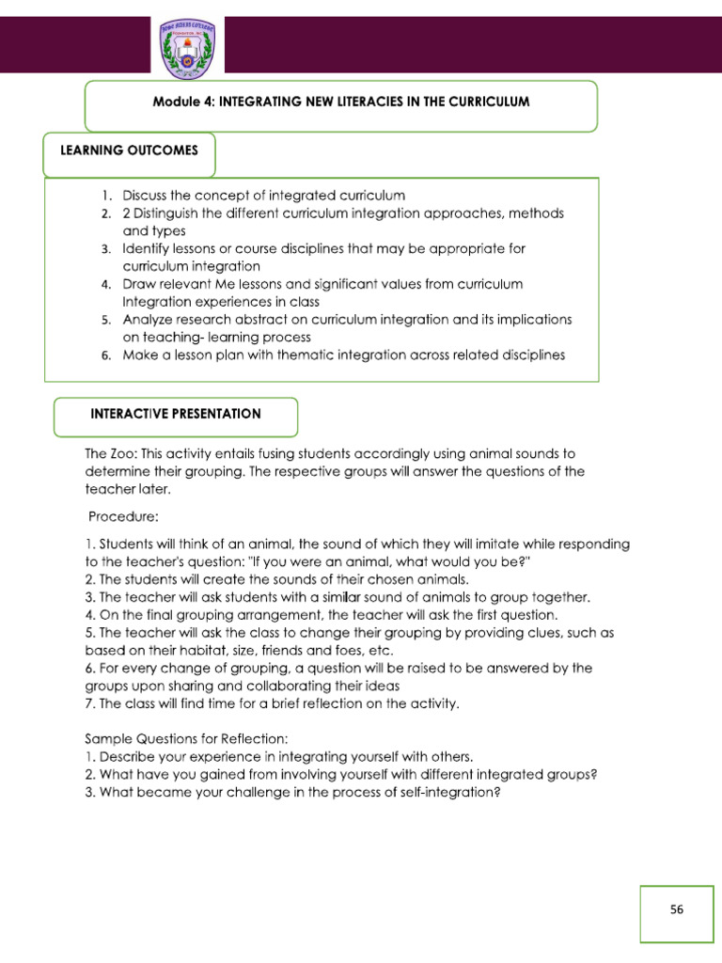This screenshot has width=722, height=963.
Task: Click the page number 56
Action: [x=677, y=909]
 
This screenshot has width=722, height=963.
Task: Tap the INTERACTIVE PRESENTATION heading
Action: [x=176, y=414]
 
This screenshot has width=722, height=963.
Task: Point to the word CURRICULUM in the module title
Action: [x=484, y=102]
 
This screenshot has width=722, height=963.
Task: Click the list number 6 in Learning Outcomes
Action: [x=107, y=355]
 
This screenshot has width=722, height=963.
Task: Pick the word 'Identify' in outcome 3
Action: [x=147, y=249]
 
